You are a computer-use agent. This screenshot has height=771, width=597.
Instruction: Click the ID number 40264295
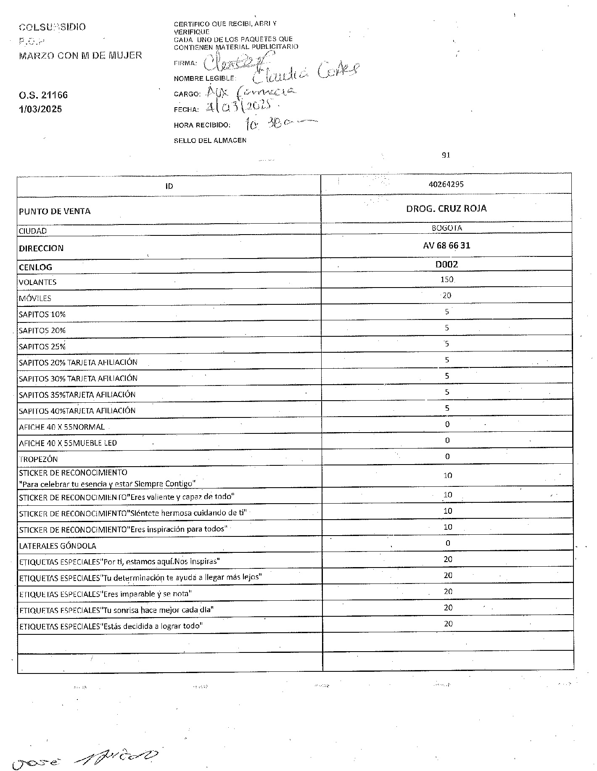(446, 184)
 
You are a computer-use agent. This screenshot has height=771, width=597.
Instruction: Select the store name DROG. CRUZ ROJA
(446, 209)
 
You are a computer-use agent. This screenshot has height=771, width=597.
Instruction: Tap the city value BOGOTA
(446, 228)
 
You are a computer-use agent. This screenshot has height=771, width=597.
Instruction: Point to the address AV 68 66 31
(446, 246)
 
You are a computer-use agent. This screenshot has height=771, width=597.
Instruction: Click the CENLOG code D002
(446, 264)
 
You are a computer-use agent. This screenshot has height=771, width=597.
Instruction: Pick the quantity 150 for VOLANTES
(446, 280)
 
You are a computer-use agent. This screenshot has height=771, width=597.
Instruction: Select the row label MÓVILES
(35, 298)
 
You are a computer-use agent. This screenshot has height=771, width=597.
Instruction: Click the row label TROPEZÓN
(38, 459)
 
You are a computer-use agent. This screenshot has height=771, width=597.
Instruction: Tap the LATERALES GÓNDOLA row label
(58, 546)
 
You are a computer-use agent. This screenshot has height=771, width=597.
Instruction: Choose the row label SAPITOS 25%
(42, 347)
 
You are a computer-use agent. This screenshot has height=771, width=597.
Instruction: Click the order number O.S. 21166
(43, 95)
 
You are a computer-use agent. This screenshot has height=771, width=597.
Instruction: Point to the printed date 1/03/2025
(40, 109)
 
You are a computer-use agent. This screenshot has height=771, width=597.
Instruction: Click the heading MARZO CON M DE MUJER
(80, 55)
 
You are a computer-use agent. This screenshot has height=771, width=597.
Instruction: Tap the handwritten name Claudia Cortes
(306, 74)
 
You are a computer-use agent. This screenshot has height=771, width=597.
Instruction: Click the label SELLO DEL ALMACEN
(210, 140)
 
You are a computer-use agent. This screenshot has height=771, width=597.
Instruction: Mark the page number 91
(446, 155)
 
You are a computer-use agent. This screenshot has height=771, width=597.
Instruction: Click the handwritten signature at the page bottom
(84, 758)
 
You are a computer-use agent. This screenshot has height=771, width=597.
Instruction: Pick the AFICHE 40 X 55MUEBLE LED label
(68, 443)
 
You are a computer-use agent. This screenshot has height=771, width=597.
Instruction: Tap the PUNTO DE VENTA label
(55, 211)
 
